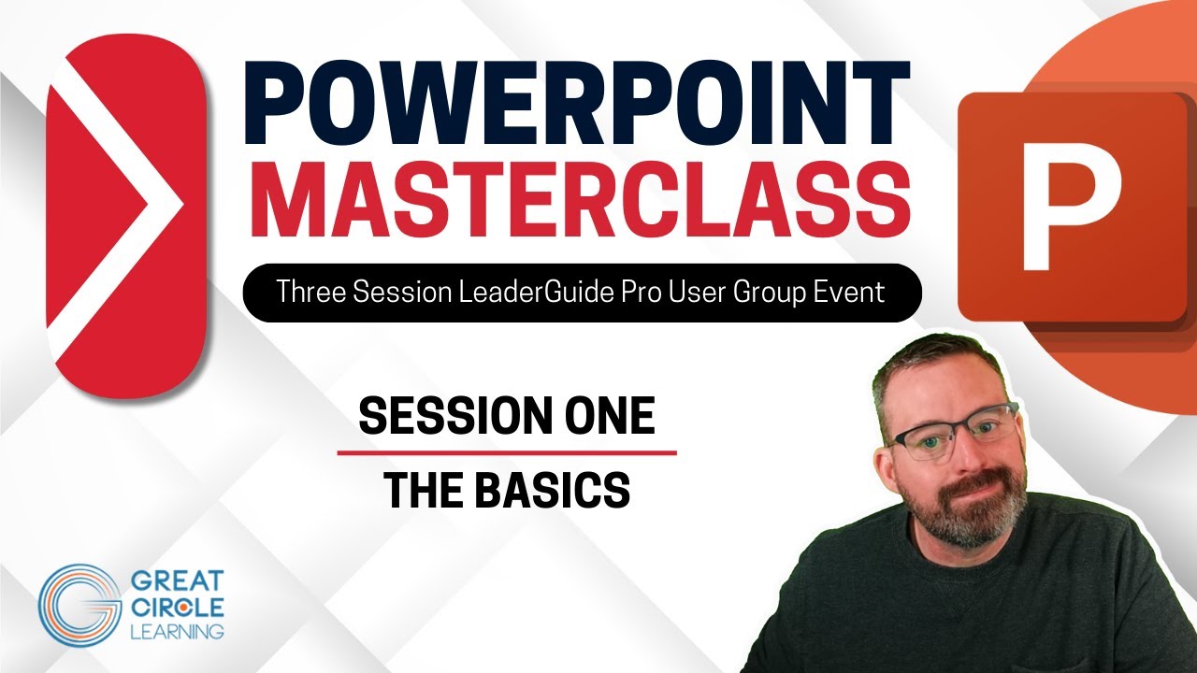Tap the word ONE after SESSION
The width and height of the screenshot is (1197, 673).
[610, 416]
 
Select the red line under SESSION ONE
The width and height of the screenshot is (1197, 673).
[506, 452]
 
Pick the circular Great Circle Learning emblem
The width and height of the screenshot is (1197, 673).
[79, 605]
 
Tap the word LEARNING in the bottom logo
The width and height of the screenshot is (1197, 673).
[178, 631]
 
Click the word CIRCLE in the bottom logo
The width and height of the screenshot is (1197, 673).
[178, 608]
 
